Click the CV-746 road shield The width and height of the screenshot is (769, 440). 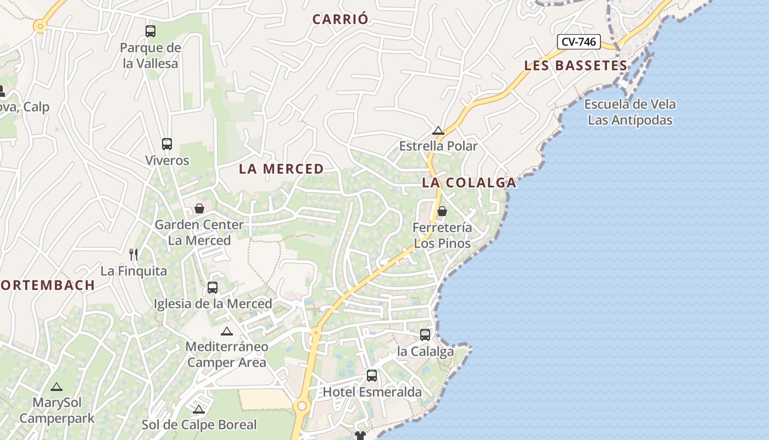click(579, 42)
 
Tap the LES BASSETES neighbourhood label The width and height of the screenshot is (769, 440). click(576, 65)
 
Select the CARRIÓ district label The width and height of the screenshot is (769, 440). click(340, 19)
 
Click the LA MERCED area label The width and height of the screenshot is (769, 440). click(281, 169)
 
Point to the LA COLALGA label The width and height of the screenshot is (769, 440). click(469, 183)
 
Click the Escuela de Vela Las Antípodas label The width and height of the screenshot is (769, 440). click(629, 112)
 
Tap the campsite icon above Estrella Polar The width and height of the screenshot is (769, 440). click(438, 131)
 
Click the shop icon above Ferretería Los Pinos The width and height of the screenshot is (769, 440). click(442, 211)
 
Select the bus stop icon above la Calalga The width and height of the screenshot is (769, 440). click(425, 334)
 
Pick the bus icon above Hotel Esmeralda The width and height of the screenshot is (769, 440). click(372, 376)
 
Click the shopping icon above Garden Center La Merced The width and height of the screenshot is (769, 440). click(199, 208)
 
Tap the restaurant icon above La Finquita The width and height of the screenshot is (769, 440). click(133, 254)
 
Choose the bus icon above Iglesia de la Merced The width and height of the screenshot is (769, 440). click(213, 288)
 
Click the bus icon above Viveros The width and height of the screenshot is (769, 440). click(167, 144)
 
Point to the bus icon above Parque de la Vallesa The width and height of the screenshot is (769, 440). click(151, 31)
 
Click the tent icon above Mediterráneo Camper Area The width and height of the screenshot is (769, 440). click(226, 331)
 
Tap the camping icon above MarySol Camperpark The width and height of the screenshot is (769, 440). click(57, 387)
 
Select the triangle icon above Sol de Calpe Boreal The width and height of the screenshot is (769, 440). click(198, 409)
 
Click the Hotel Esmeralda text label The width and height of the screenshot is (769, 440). click(372, 392)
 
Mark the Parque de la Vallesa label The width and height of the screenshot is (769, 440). click(151, 56)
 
